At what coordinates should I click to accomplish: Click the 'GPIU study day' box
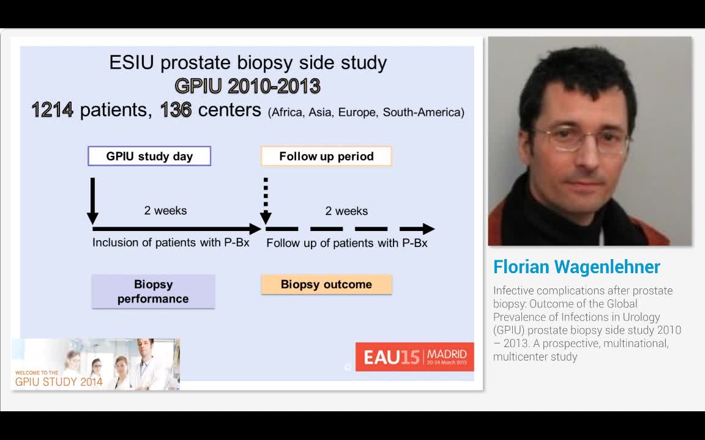149,156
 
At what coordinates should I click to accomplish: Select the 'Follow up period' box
326,156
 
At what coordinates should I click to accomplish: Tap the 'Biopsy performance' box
153,291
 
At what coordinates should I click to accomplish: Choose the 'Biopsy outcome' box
326,285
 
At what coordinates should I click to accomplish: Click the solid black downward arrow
92,202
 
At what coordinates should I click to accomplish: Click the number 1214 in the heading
53,110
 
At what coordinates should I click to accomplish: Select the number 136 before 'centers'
176,110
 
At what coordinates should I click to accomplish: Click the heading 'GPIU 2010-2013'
247,86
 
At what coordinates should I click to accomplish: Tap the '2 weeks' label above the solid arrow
165,211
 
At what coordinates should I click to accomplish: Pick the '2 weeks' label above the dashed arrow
346,211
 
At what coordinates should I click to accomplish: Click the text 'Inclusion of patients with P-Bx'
171,243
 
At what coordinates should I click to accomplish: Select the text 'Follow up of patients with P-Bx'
346,243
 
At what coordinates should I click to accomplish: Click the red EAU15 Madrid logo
414,356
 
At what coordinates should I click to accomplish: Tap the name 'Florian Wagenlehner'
576,267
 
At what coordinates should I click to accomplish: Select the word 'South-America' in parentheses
423,112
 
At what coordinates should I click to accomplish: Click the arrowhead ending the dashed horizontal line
428,229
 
